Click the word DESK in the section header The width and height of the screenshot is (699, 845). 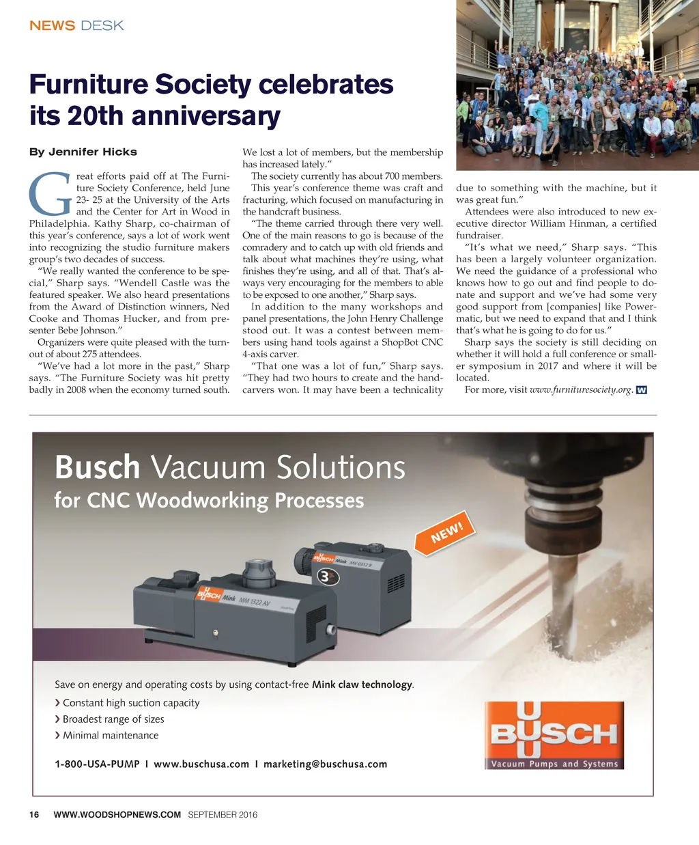[x=102, y=26]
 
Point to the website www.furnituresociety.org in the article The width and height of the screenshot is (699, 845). [x=581, y=390]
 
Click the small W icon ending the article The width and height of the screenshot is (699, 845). [x=641, y=390]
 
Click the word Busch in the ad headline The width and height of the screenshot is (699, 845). [x=97, y=468]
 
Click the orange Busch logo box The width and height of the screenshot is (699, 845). [x=554, y=735]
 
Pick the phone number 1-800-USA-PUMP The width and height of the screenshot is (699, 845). [x=97, y=764]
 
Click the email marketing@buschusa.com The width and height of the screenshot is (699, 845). [x=325, y=764]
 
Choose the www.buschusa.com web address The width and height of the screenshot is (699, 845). [x=201, y=764]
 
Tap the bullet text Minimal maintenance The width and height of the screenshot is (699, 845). [x=111, y=736]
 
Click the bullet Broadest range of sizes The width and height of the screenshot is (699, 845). [x=113, y=719]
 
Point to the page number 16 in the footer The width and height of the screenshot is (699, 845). [x=34, y=814]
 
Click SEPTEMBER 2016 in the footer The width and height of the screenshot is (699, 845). [x=223, y=814]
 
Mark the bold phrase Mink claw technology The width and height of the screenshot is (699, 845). [x=362, y=684]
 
